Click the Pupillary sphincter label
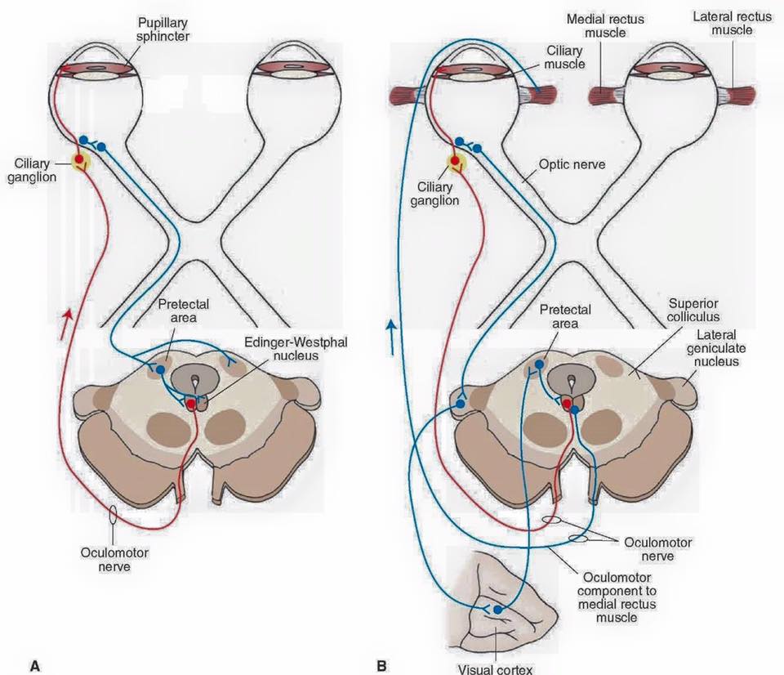tap(163, 29)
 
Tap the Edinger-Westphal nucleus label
tap(296, 349)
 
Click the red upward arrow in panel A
tap(66, 324)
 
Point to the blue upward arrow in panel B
tap(391, 338)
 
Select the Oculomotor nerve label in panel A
tap(114, 560)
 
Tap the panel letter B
tap(381, 666)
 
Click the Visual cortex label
tap(496, 669)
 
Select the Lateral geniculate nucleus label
tap(716, 348)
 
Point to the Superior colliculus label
tap(693, 310)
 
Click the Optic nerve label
tap(572, 164)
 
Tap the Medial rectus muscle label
tap(605, 26)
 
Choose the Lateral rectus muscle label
tap(732, 23)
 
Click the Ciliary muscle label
tap(564, 57)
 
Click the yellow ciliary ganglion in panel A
tap(79, 160)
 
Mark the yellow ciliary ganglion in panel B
tap(456, 162)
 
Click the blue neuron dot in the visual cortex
tap(497, 610)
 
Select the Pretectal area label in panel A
tap(184, 311)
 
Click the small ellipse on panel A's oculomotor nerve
tap(114, 515)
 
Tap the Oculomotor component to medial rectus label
tap(617, 597)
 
